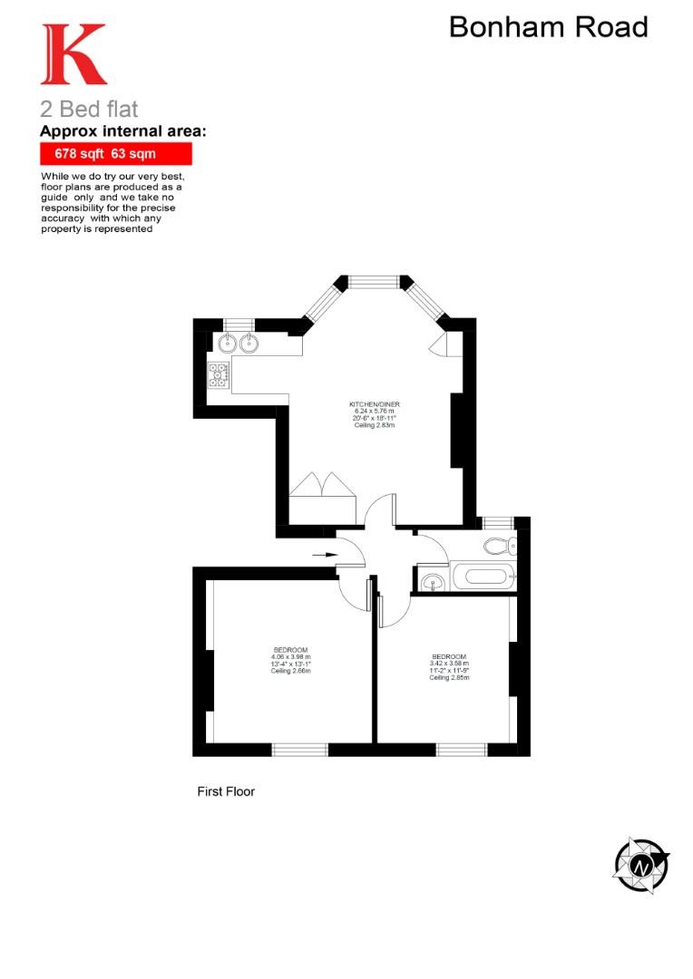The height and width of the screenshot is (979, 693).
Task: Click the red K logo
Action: [x=73, y=55]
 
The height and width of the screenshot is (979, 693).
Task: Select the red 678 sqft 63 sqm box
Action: [x=115, y=154]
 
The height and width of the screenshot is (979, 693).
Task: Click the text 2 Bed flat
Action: [x=89, y=110]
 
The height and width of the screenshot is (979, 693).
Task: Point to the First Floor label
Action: [x=226, y=791]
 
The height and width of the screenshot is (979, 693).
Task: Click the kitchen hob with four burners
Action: [x=218, y=375]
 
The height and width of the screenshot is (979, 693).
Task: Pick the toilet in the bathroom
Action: [x=498, y=546]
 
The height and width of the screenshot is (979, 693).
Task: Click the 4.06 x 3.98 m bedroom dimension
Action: [x=291, y=657]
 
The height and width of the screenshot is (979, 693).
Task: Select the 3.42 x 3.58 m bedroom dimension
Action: [x=449, y=664]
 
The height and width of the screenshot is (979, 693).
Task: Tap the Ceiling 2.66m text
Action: [x=291, y=672]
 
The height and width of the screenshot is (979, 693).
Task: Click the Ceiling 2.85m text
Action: [x=449, y=678]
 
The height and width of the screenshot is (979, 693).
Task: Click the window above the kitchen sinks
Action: [x=238, y=324]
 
